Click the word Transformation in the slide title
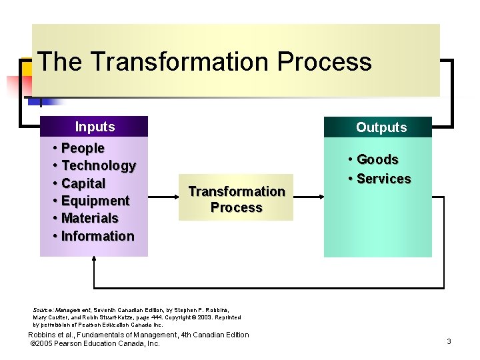coord(180,62)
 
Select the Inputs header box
coord(94,127)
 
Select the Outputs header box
coord(378,127)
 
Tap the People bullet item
coord(83,148)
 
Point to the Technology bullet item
coord(98,165)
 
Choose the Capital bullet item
coord(83,183)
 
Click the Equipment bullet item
coord(95,201)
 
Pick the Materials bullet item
coord(89,218)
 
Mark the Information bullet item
coord(97,236)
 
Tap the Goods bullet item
coord(377,159)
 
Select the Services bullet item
coord(383,179)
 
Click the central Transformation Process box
coord(237,199)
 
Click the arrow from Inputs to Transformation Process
coord(163,197)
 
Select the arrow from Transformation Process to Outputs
coord(308,197)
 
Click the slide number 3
coord(449,341)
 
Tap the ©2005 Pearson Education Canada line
coord(95,343)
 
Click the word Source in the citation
coord(43,310)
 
